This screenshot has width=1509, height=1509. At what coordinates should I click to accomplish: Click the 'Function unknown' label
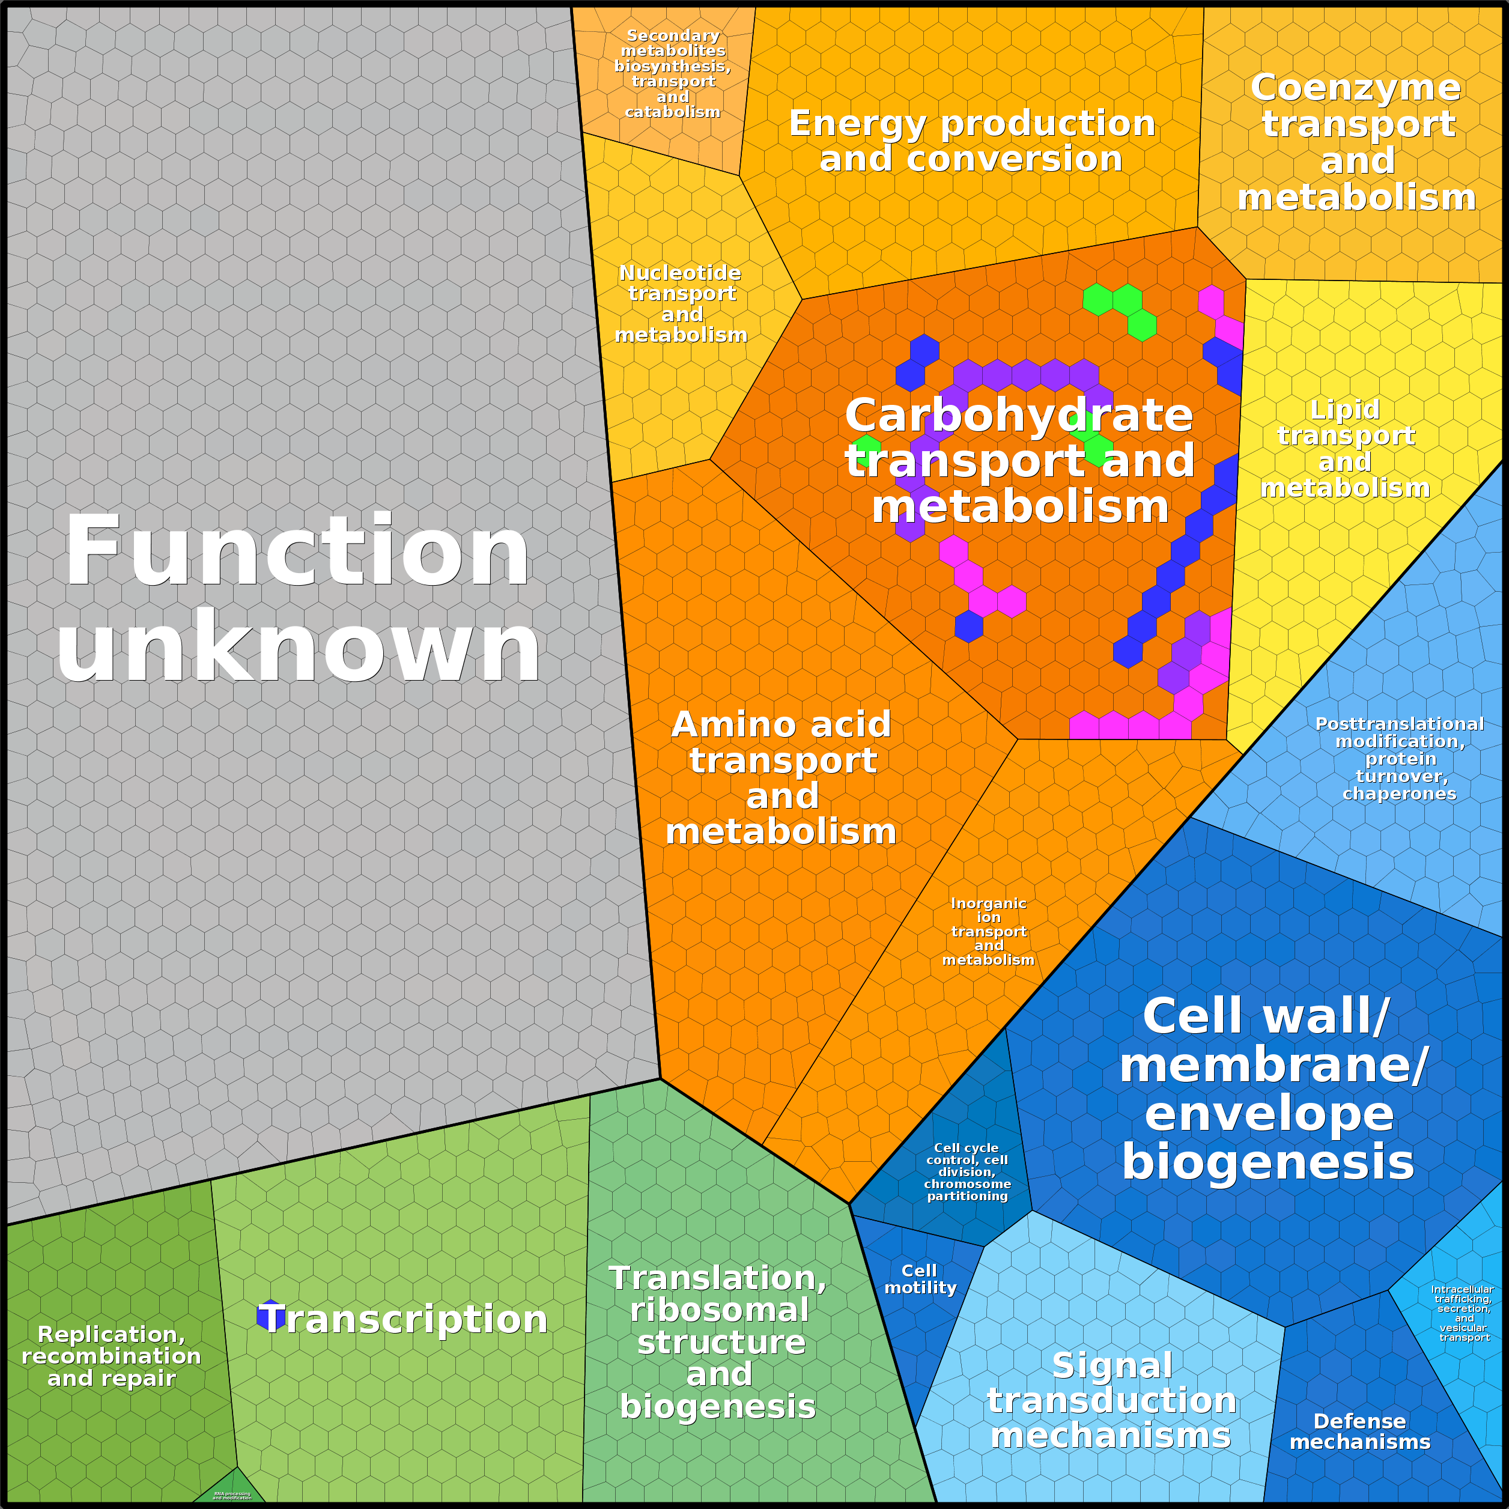pyautogui.click(x=297, y=598)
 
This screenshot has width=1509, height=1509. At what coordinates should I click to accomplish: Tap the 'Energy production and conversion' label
pyautogui.click(x=971, y=141)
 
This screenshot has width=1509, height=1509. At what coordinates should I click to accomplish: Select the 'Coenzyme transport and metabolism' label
pyautogui.click(x=1356, y=142)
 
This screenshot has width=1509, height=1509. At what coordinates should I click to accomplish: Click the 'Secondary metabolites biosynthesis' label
pyautogui.click(x=672, y=73)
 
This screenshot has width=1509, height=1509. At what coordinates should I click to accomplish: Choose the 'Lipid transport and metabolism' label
pyautogui.click(x=1345, y=448)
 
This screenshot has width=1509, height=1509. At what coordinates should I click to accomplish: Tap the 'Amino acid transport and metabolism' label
pyautogui.click(x=781, y=778)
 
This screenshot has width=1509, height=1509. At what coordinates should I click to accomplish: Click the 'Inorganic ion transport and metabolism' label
pyautogui.click(x=988, y=931)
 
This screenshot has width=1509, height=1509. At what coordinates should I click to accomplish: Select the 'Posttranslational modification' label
pyautogui.click(x=1400, y=758)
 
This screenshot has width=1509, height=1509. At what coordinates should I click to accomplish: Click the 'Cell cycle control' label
pyautogui.click(x=967, y=1171)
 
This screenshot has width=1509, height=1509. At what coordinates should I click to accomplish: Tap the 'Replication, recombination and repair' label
pyautogui.click(x=112, y=1356)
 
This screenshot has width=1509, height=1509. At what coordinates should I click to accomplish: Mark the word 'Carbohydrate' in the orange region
pyautogui.click(x=1019, y=414)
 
